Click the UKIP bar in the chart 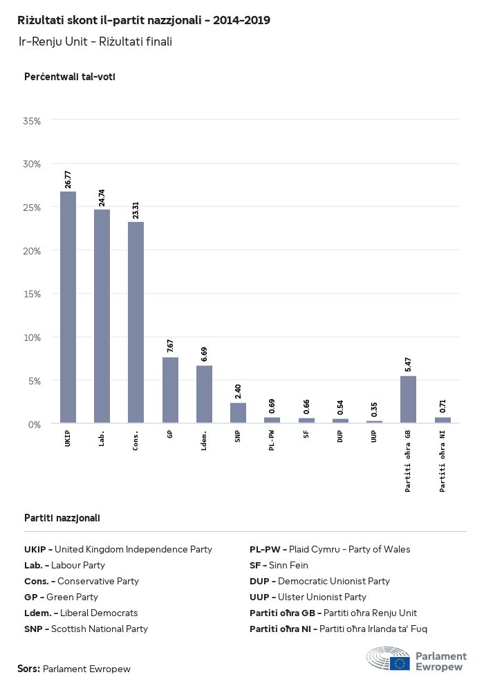point(68,307)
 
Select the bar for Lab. point(102,316)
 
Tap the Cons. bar point(136,322)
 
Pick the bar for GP point(170,390)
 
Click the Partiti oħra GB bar point(408,400)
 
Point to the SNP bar point(238,413)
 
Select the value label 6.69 point(204,354)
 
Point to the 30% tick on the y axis point(32,164)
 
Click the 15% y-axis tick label point(32,294)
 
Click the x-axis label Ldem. point(204,440)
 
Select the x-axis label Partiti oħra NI point(443,461)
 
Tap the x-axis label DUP point(340,438)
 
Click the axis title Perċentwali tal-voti point(69,77)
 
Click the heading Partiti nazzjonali point(62,517)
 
